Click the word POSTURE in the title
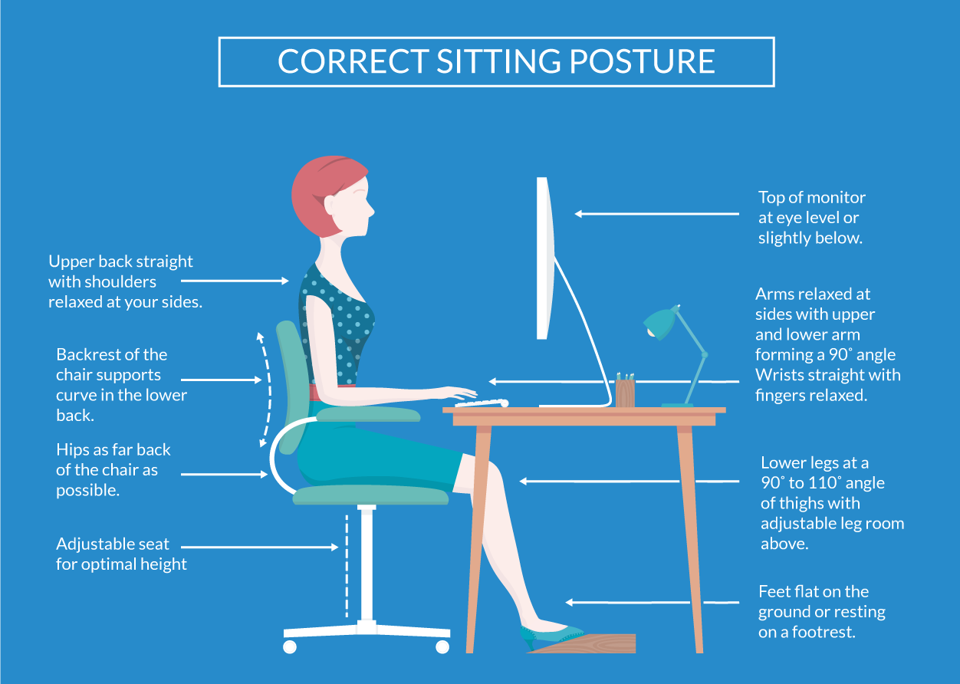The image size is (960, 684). (x=642, y=61)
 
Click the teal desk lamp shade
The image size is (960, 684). (x=660, y=323)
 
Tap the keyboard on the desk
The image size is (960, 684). (x=482, y=403)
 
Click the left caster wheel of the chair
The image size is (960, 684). (x=290, y=646)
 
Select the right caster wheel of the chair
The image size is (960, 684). (x=442, y=646)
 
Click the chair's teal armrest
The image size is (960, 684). (x=369, y=414)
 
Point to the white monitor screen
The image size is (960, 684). (x=544, y=258)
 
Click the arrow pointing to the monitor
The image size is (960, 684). (x=656, y=214)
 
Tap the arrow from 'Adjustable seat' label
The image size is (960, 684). (x=260, y=548)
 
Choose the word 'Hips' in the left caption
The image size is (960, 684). (x=72, y=450)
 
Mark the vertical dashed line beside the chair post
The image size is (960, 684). (x=347, y=566)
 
